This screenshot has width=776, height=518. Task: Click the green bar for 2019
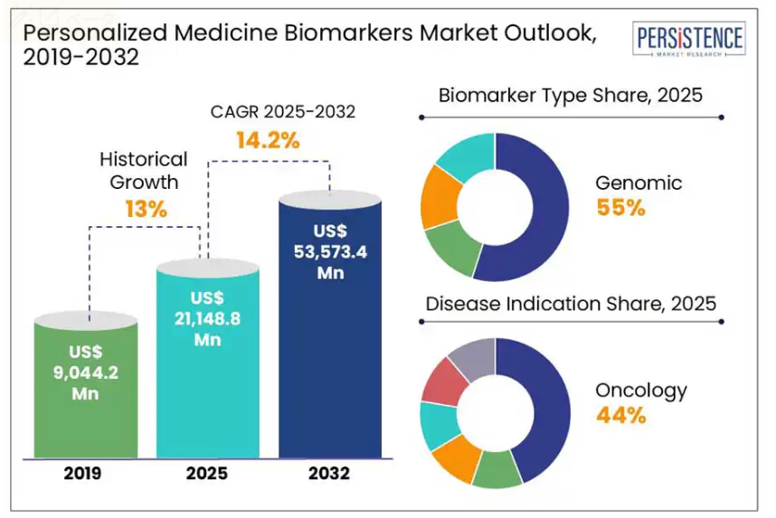click(x=86, y=386)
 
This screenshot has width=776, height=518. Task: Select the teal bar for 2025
click(x=208, y=359)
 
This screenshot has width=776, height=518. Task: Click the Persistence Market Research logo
click(x=689, y=39)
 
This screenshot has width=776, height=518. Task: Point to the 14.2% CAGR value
click(x=268, y=140)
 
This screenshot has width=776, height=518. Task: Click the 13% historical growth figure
click(x=146, y=209)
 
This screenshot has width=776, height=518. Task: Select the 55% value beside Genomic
click(x=621, y=207)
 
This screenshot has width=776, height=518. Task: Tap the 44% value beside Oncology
click(x=621, y=415)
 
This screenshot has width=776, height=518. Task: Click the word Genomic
click(x=639, y=183)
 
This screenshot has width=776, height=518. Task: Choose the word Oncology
click(x=641, y=391)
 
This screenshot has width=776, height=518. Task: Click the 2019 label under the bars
click(x=82, y=474)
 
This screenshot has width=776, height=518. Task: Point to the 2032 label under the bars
click(x=329, y=474)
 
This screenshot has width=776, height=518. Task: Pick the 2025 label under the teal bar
click(x=207, y=474)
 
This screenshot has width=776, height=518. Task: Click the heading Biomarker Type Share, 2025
click(x=571, y=95)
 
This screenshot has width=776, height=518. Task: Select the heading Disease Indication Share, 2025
click(x=571, y=304)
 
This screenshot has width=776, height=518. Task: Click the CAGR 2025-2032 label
click(x=282, y=112)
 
